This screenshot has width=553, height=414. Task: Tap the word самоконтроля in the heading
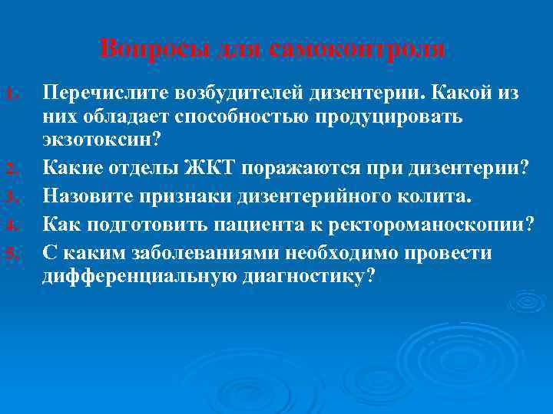[x=357, y=48]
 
